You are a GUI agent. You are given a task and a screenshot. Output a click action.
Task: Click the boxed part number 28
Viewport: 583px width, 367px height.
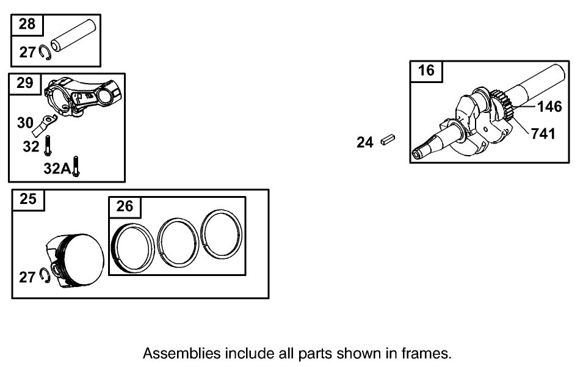[27, 24]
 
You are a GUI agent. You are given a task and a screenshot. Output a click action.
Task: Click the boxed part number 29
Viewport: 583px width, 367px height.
[24, 83]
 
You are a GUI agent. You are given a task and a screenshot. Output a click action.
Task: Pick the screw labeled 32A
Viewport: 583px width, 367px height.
[76, 166]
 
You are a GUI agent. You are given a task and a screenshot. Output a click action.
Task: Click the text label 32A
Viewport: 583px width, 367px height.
[57, 168]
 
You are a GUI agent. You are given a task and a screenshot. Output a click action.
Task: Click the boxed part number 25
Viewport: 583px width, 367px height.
[28, 199]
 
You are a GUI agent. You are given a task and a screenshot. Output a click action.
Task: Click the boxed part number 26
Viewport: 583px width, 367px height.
[124, 206]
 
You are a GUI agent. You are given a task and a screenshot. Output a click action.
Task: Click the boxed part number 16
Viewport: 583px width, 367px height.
[426, 70]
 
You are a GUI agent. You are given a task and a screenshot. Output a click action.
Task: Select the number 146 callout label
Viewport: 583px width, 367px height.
[549, 107]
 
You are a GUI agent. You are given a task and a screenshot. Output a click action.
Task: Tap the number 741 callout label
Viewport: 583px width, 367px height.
[543, 133]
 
